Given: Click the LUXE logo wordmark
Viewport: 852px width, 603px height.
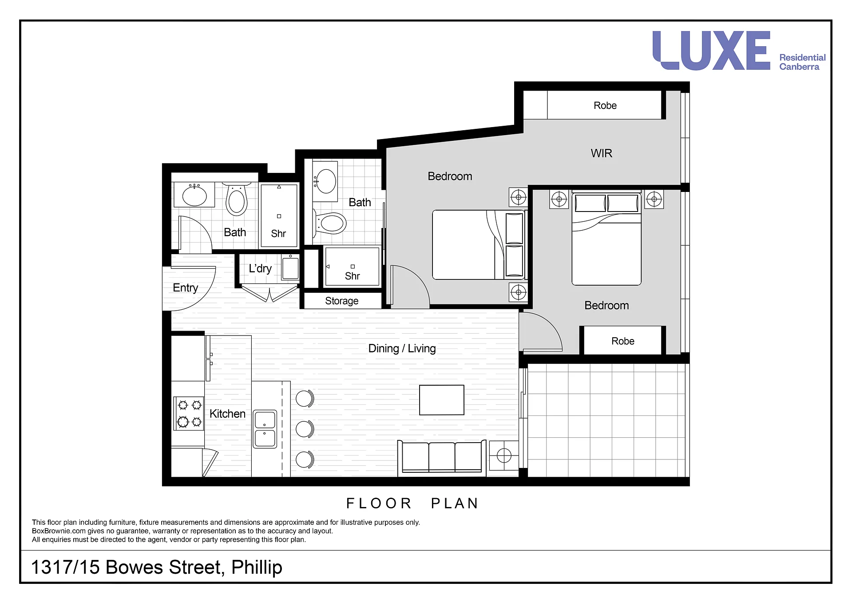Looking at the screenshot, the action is [x=711, y=51].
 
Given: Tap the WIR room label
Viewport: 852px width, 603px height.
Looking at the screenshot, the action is [x=602, y=153].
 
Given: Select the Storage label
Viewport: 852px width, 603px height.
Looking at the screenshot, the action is [x=341, y=301].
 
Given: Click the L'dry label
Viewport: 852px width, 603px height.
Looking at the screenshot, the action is [x=260, y=268].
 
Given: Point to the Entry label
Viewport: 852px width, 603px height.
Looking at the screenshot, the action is [x=186, y=288].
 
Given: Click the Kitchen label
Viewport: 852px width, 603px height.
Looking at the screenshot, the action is [x=227, y=414].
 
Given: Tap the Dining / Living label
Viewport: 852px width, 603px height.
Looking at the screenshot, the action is [x=402, y=348].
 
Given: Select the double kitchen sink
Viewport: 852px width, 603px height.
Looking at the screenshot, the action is [x=265, y=429].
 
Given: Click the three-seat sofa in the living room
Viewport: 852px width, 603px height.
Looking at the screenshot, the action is [x=442, y=457].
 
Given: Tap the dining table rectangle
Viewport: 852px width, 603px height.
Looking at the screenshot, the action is [x=442, y=400].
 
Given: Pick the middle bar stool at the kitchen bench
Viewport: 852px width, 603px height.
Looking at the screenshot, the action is [x=305, y=429].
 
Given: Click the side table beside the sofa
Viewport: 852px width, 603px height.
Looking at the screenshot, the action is [x=504, y=455].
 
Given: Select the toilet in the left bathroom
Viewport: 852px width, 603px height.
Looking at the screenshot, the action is [x=237, y=200].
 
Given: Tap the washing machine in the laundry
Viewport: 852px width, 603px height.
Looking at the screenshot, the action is [x=290, y=267].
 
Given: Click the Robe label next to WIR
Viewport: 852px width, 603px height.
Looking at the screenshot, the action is [x=605, y=106].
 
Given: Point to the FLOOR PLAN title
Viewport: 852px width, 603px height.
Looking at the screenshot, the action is [x=412, y=503].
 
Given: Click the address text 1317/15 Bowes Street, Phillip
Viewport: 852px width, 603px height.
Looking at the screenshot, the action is [x=157, y=567].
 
